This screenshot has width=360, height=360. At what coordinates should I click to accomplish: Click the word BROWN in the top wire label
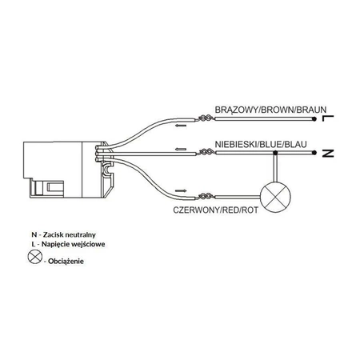[x=278, y=110]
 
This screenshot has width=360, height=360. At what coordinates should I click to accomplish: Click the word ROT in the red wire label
[x=250, y=210]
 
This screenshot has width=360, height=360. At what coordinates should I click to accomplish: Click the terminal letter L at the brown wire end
[x=328, y=118]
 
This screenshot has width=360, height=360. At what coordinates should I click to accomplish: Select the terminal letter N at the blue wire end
[x=328, y=154]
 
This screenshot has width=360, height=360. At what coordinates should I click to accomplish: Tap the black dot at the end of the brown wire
[x=314, y=119]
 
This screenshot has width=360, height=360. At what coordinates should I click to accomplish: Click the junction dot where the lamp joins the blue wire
[x=275, y=153]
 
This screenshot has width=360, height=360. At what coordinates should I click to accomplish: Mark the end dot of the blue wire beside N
[x=314, y=153]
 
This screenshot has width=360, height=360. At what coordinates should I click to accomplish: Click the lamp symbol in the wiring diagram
[x=275, y=198]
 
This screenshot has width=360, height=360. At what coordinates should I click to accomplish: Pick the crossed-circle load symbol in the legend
[x=35, y=257]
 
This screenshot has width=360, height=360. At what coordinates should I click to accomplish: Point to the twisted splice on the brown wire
[x=206, y=118]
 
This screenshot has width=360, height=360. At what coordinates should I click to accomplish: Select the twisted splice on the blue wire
[x=206, y=152]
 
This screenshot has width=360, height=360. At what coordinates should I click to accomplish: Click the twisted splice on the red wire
[x=206, y=197]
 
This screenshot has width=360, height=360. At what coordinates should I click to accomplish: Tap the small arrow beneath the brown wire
[x=181, y=125]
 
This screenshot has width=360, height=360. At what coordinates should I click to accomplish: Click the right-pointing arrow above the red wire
[x=181, y=190]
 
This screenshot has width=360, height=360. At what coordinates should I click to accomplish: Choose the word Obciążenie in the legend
[x=66, y=262]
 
